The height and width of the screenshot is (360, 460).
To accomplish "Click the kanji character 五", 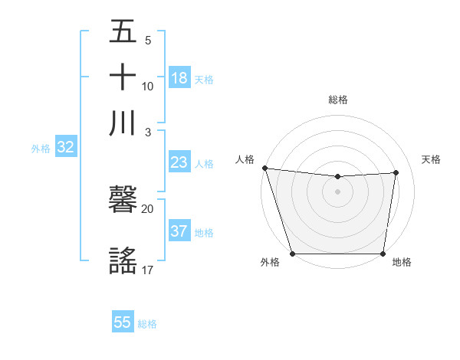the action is coord(123,32).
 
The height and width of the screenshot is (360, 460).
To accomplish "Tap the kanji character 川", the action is coord(123,123).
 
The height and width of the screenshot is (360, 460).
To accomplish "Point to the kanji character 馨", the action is coord(123,201).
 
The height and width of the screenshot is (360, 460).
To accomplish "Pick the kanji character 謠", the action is coord(123,259).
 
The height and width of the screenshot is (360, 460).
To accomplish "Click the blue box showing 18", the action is coord(179,78).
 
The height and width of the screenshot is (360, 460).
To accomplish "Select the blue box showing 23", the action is coord(179,162).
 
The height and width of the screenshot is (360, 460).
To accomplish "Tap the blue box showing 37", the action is coord(179,232).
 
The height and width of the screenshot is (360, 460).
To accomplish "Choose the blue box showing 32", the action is coord(65,148).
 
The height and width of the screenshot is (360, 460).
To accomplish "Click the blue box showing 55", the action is coord(123,322).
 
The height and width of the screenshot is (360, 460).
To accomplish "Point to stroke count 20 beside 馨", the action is coord(147,208).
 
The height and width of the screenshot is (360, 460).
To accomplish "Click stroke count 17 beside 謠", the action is coord(147,269).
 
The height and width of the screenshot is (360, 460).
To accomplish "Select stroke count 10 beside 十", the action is coord(148,86).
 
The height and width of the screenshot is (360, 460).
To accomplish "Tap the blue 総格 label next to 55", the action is coord(147,324).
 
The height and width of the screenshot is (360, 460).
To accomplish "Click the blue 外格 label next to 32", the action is coord(41,149).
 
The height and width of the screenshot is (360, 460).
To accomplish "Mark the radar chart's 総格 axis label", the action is coord(337,100).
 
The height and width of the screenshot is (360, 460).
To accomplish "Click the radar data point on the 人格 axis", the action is coord(264,168).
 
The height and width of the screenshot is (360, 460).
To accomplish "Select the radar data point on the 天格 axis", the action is coord(396,172).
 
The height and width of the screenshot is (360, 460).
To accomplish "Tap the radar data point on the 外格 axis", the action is coord(292,254).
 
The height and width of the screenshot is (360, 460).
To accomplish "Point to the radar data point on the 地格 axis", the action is coord(383,254).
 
